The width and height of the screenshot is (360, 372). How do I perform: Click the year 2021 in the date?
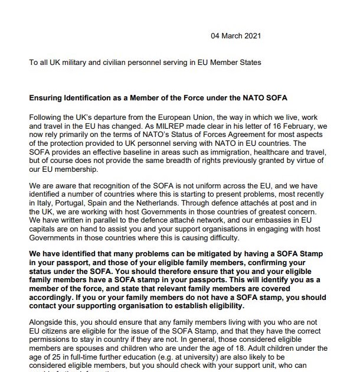(253, 36)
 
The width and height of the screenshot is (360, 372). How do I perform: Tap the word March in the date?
(232, 36)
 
